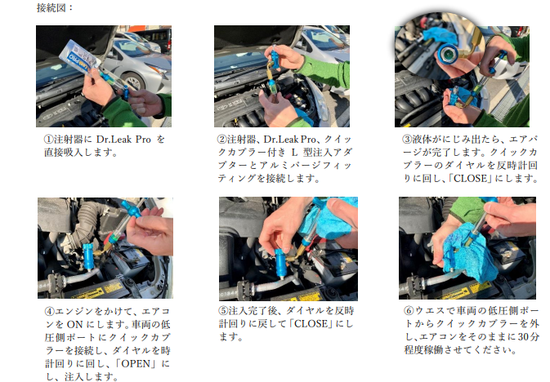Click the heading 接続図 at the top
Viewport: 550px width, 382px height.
[x=51, y=7]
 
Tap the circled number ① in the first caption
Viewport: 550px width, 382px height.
[x=49, y=140]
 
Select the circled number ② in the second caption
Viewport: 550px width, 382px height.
[x=222, y=140]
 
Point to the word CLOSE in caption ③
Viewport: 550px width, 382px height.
[x=471, y=179]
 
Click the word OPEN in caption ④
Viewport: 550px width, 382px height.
[x=136, y=363]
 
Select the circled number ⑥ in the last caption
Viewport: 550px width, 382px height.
[x=409, y=310]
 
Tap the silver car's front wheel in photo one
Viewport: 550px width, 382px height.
[x=133, y=82]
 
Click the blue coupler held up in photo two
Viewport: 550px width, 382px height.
[x=275, y=57]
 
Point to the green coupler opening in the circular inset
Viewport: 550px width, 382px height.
[x=447, y=54]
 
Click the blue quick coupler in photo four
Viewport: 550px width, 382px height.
[x=89, y=258]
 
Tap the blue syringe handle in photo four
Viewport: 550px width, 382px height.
[x=131, y=211]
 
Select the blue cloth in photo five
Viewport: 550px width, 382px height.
[x=329, y=218]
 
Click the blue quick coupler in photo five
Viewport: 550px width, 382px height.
[x=281, y=263]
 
